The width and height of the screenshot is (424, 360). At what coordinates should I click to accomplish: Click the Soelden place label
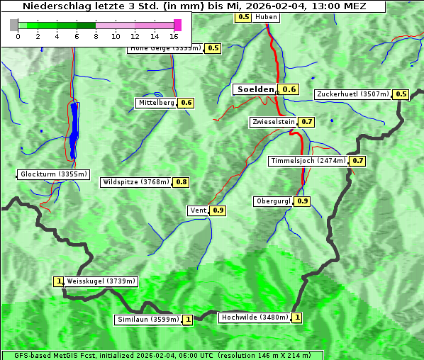(255, 89)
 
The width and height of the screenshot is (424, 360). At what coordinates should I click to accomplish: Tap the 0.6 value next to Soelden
(289, 89)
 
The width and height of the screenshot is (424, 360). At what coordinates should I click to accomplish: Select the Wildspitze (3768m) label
(136, 182)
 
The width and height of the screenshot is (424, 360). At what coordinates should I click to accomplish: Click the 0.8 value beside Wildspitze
(182, 182)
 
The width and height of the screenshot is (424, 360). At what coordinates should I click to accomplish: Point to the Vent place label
(198, 210)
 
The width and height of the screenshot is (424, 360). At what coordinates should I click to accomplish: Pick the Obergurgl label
(273, 201)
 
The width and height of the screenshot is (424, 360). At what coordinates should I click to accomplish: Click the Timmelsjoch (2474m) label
(308, 161)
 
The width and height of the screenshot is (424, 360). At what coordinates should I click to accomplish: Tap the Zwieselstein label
(272, 122)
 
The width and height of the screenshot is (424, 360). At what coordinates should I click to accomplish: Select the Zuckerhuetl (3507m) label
(353, 94)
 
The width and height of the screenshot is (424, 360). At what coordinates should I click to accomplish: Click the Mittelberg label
(156, 103)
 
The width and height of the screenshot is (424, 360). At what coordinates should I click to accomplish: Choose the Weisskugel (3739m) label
(101, 281)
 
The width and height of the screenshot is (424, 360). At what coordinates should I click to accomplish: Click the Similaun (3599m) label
(147, 320)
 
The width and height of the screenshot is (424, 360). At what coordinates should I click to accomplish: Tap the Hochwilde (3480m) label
(254, 317)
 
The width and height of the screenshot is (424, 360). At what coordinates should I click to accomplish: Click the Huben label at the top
(266, 17)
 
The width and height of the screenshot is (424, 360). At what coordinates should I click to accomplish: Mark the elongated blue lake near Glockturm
(74, 130)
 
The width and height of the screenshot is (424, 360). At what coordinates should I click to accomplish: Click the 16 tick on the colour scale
(174, 35)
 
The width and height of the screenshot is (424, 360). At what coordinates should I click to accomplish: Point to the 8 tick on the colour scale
(96, 35)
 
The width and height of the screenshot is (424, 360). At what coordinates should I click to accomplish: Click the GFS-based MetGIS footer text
(162, 355)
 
